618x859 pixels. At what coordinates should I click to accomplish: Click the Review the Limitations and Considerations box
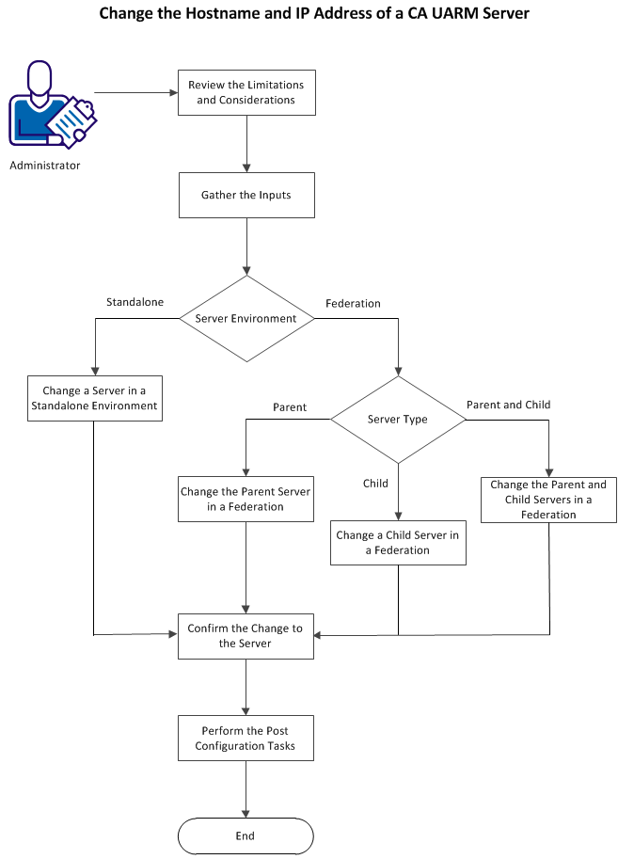pos(246,92)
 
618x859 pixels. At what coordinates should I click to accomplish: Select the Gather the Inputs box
pos(246,196)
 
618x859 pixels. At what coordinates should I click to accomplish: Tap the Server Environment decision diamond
pos(246,318)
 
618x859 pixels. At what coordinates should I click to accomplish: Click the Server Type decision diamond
pos(398,420)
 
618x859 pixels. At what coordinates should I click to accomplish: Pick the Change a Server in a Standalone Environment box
pos(94,398)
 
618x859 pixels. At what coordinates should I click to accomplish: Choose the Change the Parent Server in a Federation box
pos(246,500)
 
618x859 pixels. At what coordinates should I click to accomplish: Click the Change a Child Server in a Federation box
pos(398,543)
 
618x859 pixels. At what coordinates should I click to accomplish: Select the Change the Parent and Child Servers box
pos(548,500)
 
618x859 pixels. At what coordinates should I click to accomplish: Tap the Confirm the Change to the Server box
pos(246,636)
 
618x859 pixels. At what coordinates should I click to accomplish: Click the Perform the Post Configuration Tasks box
pos(246,738)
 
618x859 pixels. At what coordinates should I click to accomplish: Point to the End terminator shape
pos(246,835)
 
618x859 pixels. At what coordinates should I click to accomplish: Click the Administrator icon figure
pos(47,103)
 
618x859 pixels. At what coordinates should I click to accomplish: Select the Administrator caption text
pos(45,167)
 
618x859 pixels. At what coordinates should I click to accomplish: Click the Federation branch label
pos(353,304)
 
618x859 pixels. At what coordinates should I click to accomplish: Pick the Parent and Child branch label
pos(508,405)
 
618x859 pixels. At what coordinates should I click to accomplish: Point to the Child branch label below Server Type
pos(376,483)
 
